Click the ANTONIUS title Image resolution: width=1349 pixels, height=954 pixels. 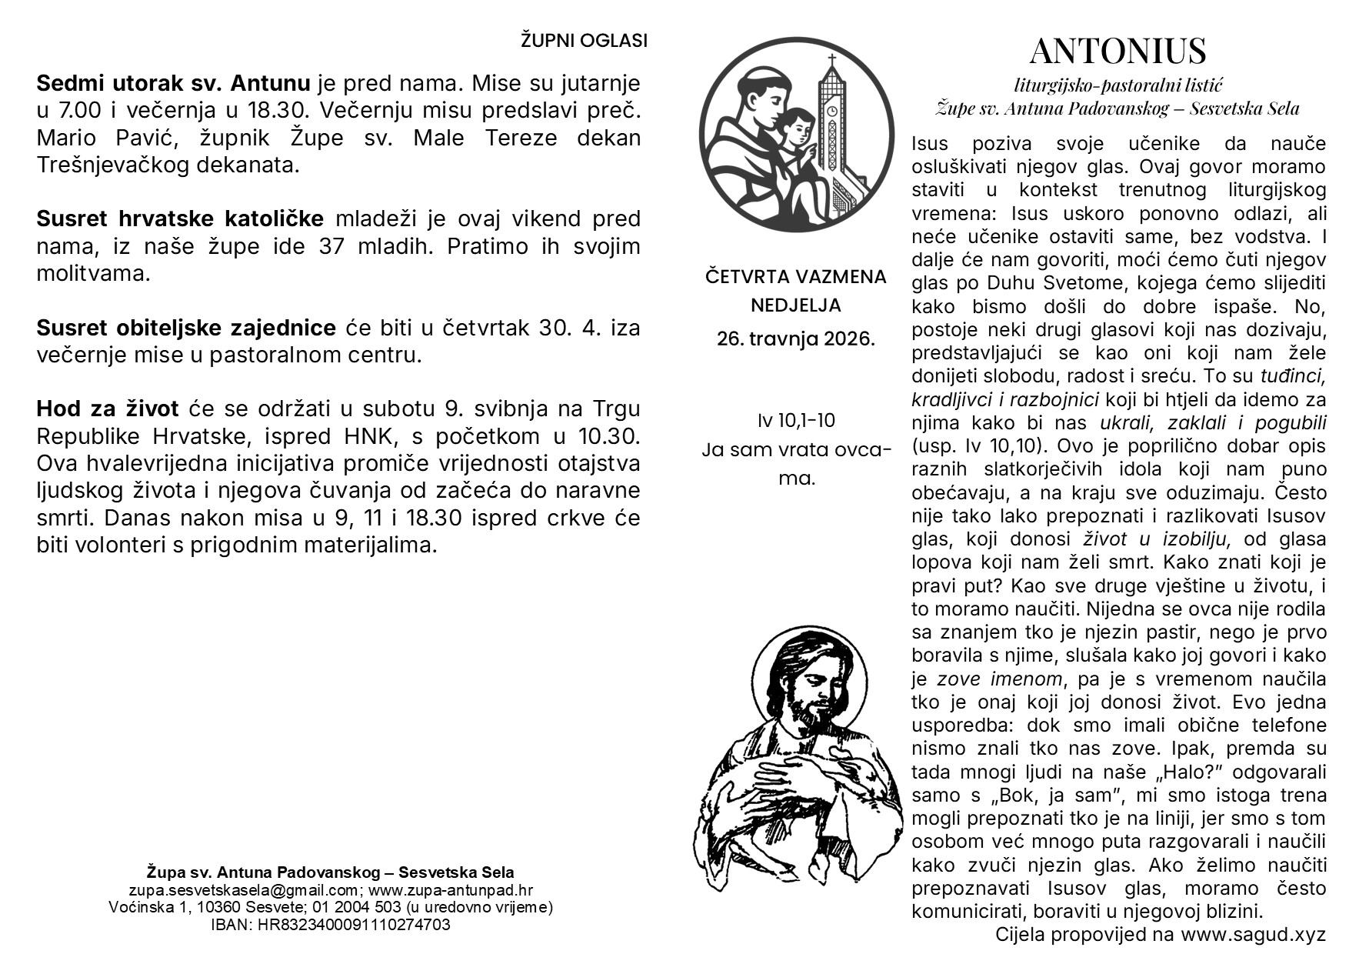[1118, 52]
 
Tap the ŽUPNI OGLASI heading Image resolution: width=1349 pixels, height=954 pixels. [584, 41]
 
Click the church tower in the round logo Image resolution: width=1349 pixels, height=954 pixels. [832, 123]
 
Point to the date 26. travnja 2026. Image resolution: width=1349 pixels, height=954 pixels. [795, 339]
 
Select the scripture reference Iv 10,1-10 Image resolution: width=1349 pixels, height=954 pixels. [795, 420]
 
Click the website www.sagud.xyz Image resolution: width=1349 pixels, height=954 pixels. [1253, 934]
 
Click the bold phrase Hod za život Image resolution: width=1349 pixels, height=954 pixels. [107, 409]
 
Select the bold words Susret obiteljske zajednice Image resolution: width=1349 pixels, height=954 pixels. [186, 328]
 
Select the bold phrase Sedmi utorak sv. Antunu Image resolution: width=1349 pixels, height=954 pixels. [173, 83]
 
